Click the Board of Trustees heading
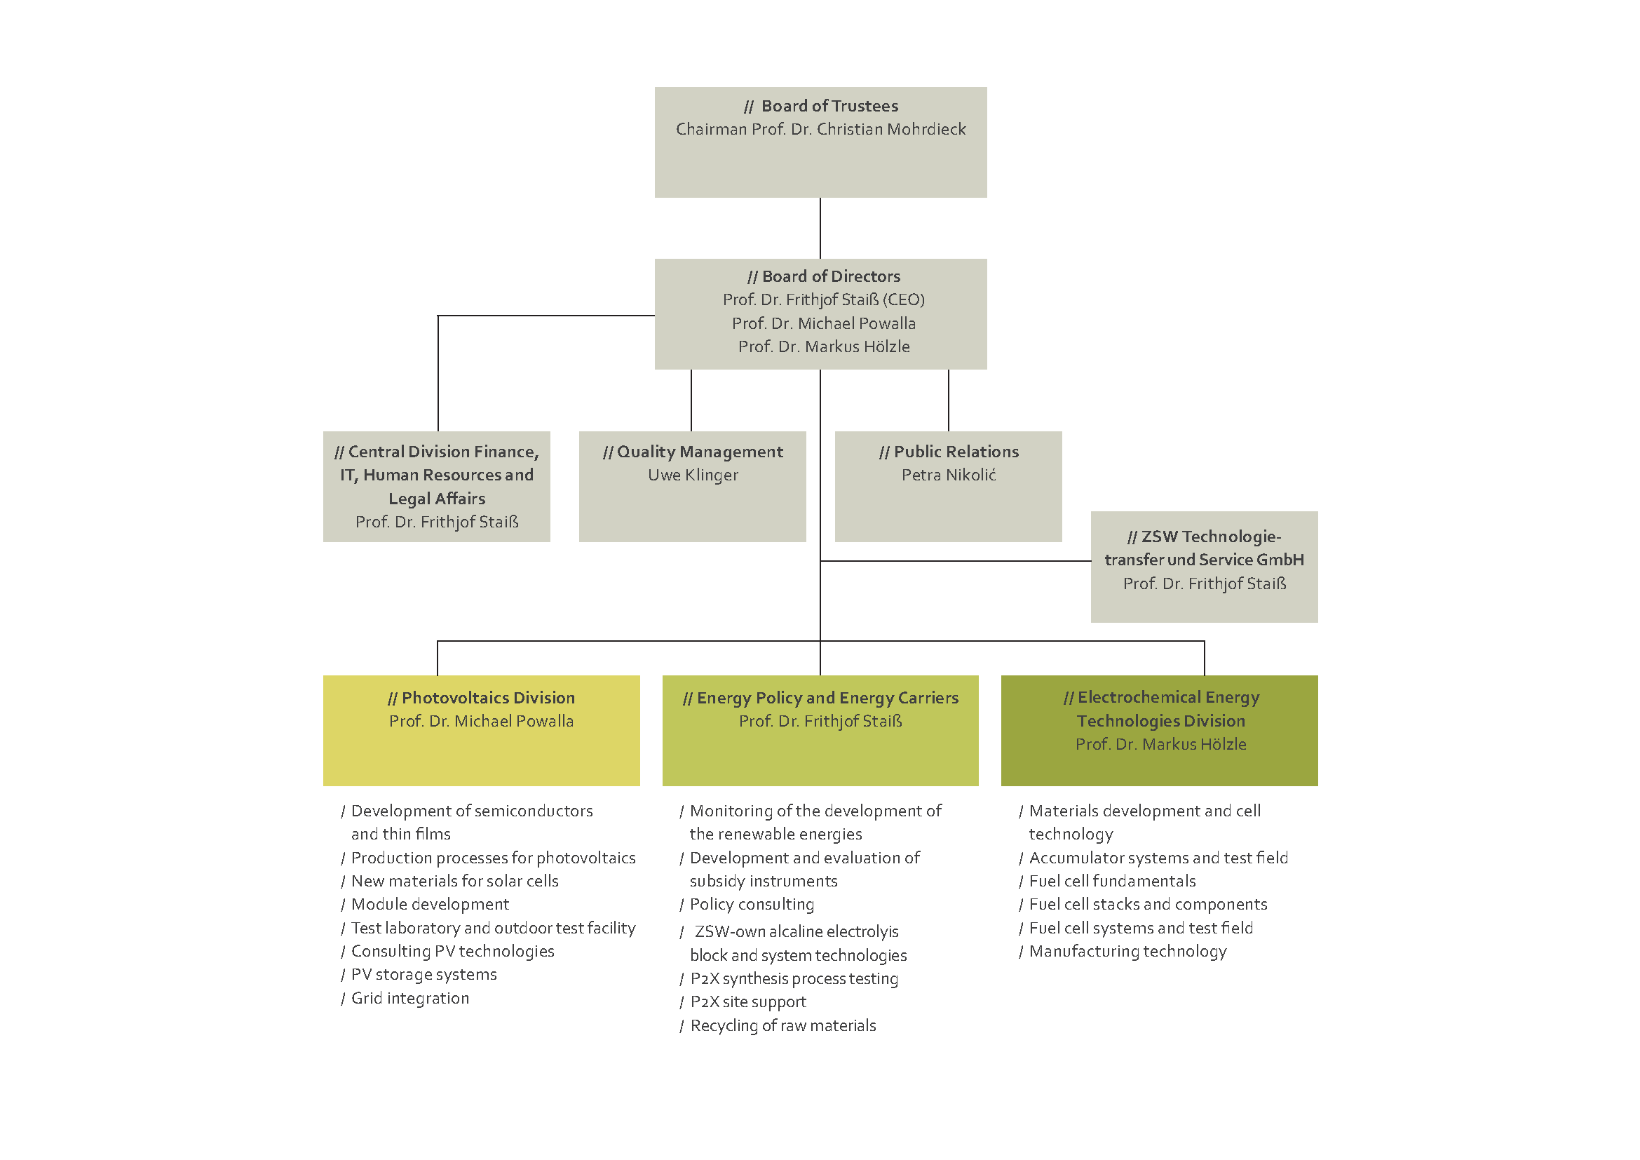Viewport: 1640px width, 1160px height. (x=821, y=106)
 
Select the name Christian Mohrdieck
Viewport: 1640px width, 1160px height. (x=890, y=129)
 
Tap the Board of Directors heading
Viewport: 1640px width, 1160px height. (x=824, y=276)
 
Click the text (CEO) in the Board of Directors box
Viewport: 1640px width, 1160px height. (x=903, y=300)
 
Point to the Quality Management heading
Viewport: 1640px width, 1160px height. (x=693, y=452)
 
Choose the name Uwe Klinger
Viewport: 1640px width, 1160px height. (x=693, y=475)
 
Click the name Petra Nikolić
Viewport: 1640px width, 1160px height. (x=949, y=475)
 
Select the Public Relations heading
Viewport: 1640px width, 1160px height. (x=949, y=452)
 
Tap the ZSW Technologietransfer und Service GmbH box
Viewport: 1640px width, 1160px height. (x=1205, y=567)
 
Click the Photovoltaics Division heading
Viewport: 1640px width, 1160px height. (x=482, y=698)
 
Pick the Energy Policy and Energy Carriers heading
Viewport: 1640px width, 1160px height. (x=821, y=698)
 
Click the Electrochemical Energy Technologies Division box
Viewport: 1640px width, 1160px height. (x=1159, y=731)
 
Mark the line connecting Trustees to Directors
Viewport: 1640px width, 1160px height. (x=820, y=229)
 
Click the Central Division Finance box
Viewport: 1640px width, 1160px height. (x=436, y=487)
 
